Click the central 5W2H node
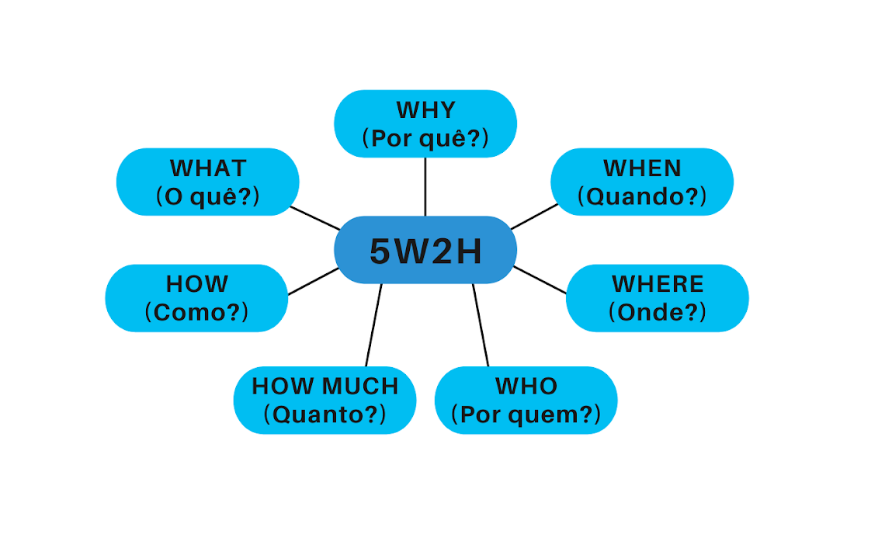pyautogui.click(x=425, y=251)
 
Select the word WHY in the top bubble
pyautogui.click(x=425, y=110)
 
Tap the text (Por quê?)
pyautogui.click(x=425, y=138)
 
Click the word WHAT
pyautogui.click(x=207, y=168)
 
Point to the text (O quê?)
pyautogui.click(x=207, y=196)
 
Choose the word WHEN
pyautogui.click(x=642, y=168)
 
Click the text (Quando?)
pyautogui.click(x=642, y=196)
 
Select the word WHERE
pyautogui.click(x=658, y=284)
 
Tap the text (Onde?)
pyautogui.click(x=658, y=312)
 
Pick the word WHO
pyautogui.click(x=526, y=386)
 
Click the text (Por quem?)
pyautogui.click(x=526, y=414)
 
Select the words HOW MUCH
pyautogui.click(x=324, y=386)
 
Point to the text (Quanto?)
pyautogui.click(x=324, y=414)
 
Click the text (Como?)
pyautogui.click(x=196, y=312)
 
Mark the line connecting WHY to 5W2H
pyautogui.click(x=425, y=186)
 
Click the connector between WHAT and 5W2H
pyautogui.click(x=315, y=218)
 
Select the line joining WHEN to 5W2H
pyautogui.click(x=535, y=217)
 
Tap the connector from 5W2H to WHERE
pyautogui.click(x=540, y=279)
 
